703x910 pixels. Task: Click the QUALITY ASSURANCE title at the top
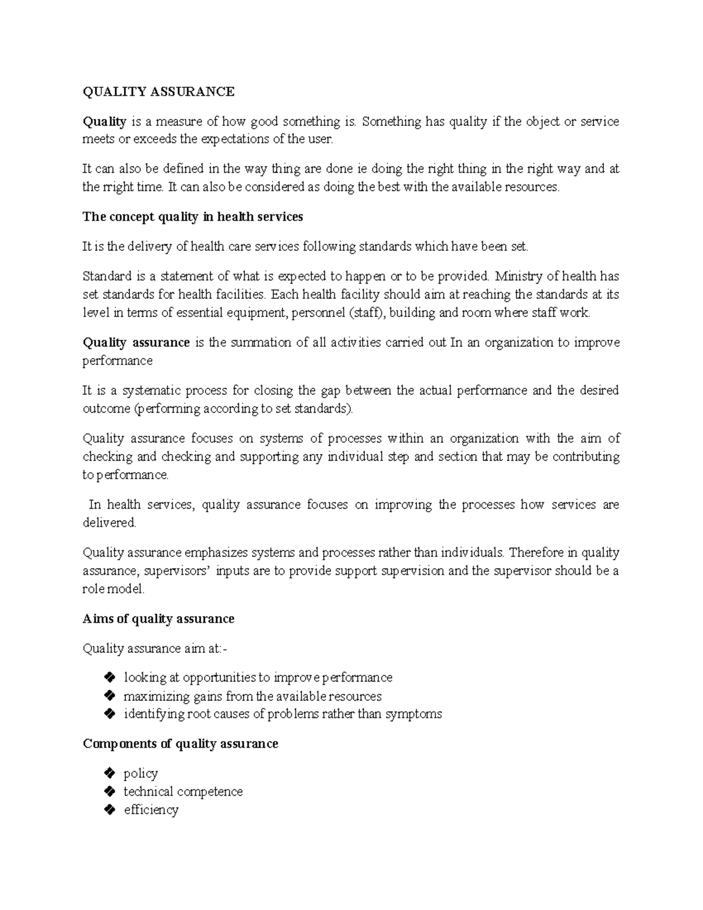158,91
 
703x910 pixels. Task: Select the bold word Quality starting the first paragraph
104,122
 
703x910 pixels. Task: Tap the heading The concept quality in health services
193,217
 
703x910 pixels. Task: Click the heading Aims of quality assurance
158,619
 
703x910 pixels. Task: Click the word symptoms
414,714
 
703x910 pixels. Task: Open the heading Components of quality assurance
180,744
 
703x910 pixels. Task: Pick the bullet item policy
141,774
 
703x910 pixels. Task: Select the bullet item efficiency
151,810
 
